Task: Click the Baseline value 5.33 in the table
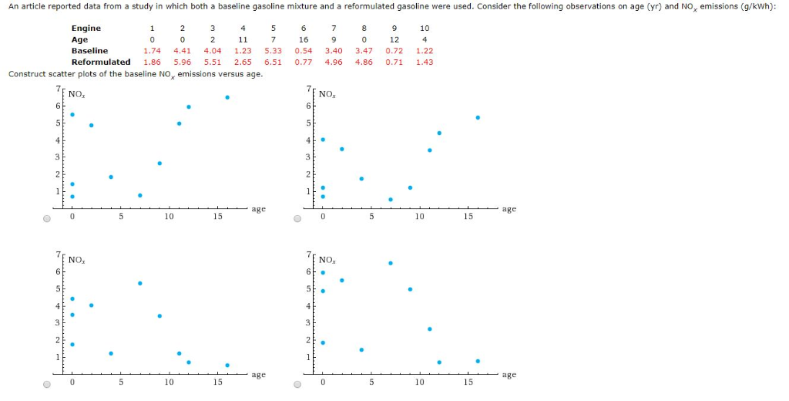click(x=273, y=51)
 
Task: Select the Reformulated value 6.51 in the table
click(x=273, y=62)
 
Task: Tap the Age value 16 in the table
click(x=304, y=39)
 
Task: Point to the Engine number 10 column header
click(x=425, y=29)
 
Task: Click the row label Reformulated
click(x=101, y=62)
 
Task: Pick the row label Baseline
click(x=89, y=51)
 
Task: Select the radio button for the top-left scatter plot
click(x=48, y=218)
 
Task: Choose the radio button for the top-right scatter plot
click(x=298, y=218)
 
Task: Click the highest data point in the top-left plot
click(x=227, y=97)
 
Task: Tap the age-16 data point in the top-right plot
click(x=478, y=117)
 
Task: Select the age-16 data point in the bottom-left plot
click(x=227, y=365)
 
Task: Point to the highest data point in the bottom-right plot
click(x=391, y=263)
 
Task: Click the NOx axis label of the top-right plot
click(x=327, y=95)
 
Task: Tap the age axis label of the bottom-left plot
click(x=258, y=375)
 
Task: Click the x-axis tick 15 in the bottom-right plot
click(x=468, y=382)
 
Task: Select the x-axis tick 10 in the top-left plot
click(x=169, y=217)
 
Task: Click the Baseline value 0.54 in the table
click(x=304, y=51)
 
